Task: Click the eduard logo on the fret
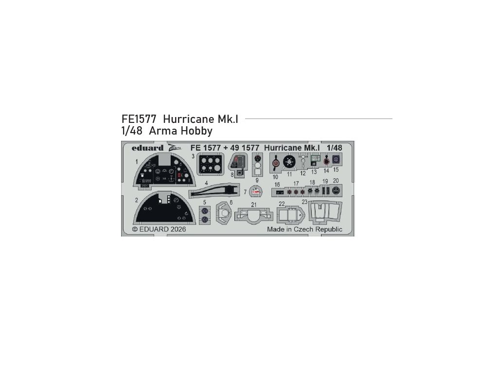click(146, 148)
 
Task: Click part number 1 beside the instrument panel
click(137, 161)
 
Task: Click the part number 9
click(257, 180)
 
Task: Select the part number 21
click(254, 204)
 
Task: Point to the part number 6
click(231, 203)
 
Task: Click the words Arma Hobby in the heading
click(181, 131)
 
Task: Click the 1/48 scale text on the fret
click(335, 148)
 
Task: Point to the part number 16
click(277, 185)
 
